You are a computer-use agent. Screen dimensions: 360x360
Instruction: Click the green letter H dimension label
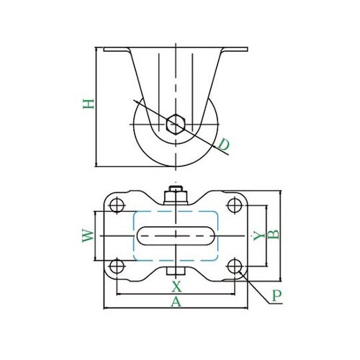[x=89, y=104]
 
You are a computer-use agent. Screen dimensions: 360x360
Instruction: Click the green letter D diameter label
[x=224, y=145]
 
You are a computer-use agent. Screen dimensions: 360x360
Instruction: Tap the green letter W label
[x=88, y=236]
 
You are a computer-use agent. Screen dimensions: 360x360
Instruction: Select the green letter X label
[x=176, y=287]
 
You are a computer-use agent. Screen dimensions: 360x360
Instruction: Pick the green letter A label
[x=176, y=302]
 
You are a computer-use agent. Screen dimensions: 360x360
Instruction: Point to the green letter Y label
[x=259, y=236]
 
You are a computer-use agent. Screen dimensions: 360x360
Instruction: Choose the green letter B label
[x=274, y=235]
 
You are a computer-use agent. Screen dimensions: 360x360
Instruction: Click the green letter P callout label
[x=276, y=296]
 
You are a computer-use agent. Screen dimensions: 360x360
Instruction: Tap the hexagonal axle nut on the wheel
[x=176, y=124]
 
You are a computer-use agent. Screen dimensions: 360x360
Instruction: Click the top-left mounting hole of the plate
[x=117, y=205]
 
